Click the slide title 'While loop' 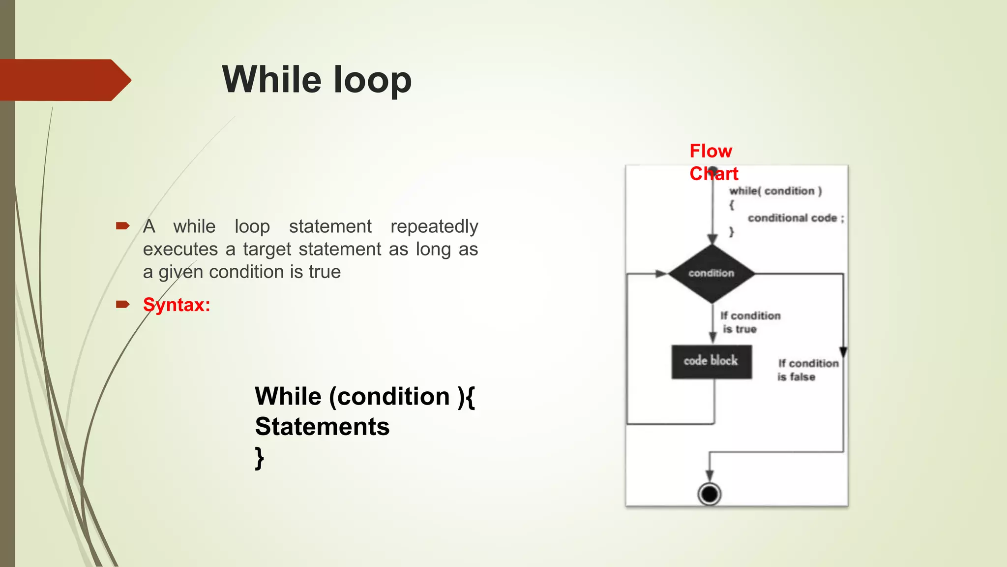tap(317, 80)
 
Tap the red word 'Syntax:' tap(177, 305)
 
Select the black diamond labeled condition tap(711, 274)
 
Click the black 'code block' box tap(711, 362)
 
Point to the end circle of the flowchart tap(710, 494)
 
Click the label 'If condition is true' tap(749, 322)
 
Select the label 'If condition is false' tap(807, 370)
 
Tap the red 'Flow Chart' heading tap(713, 162)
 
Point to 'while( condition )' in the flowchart tap(775, 191)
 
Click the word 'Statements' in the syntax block tap(322, 426)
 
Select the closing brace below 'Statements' tap(260, 458)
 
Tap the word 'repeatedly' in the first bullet tap(434, 226)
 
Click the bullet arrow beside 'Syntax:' tap(122, 305)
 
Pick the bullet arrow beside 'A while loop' tap(122, 226)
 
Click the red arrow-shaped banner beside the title tap(64, 80)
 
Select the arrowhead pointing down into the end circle tap(710, 475)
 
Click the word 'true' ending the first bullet tap(325, 272)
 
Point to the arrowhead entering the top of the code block tap(712, 338)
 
